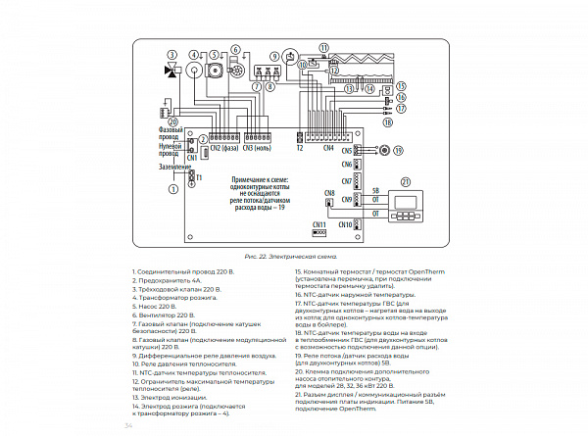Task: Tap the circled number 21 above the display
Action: click(406, 181)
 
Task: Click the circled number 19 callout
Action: click(385, 150)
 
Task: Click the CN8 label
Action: click(329, 193)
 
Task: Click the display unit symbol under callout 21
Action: click(406, 208)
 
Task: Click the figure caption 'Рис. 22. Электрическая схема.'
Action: click(293, 255)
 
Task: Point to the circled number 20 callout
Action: click(172, 121)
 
